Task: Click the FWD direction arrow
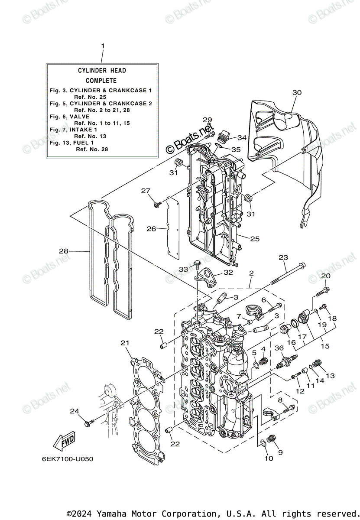64,441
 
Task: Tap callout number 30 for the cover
297,92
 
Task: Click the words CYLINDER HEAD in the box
102,70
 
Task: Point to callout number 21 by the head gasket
125,343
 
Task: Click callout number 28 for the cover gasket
64,251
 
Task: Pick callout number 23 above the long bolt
283,257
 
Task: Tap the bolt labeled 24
90,421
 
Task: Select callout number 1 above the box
103,45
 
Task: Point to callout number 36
279,348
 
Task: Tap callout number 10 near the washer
269,458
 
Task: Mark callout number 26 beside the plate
151,228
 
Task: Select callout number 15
325,346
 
